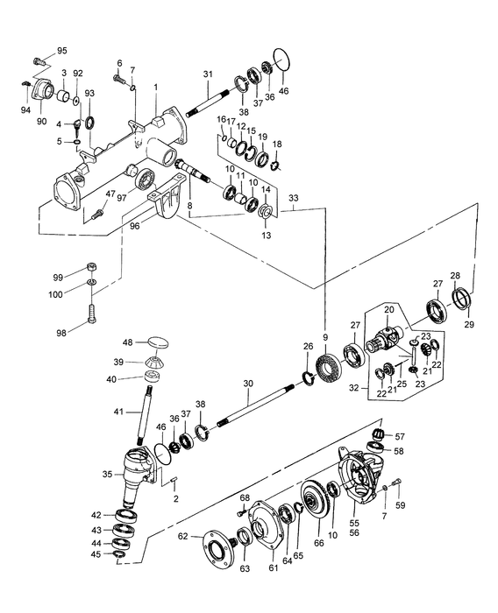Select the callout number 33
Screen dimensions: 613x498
click(301, 199)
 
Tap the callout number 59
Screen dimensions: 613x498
click(402, 504)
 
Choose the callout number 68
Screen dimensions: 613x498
click(245, 499)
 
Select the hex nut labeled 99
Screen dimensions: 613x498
click(92, 267)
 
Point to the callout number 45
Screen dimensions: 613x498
click(96, 555)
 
